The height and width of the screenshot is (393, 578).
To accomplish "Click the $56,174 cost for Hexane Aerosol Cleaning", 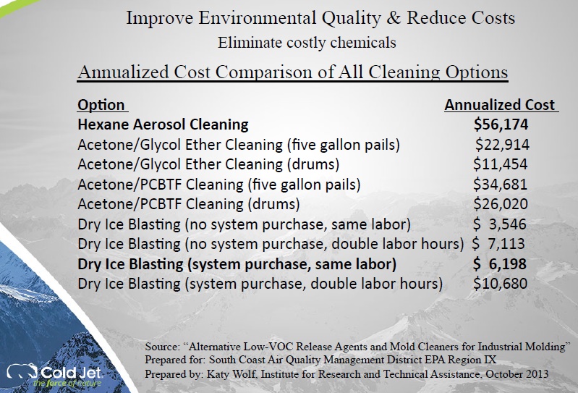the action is tap(501, 124).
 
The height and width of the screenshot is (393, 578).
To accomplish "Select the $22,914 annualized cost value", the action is tap(502, 145).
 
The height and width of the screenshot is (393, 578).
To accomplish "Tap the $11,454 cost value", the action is tap(501, 164).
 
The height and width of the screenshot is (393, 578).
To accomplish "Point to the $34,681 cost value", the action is tap(501, 185).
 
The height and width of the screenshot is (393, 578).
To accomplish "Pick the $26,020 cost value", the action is tap(501, 204).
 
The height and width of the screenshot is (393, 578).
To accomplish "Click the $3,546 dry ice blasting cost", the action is tap(500, 224).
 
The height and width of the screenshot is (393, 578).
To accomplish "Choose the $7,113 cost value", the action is tap(498, 244).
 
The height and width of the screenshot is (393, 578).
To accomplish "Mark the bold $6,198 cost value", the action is tap(500, 264).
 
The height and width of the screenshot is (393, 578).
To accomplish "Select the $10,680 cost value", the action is tap(501, 284).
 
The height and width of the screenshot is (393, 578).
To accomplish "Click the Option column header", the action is tap(101, 105).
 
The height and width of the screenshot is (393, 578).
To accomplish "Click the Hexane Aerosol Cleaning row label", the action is tap(163, 124).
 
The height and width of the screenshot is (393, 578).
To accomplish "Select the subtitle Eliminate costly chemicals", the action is tap(307, 43).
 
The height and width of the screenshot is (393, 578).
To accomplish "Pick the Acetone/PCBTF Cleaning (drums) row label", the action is tap(189, 204).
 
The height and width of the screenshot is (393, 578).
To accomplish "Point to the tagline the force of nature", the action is tap(67, 384).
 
